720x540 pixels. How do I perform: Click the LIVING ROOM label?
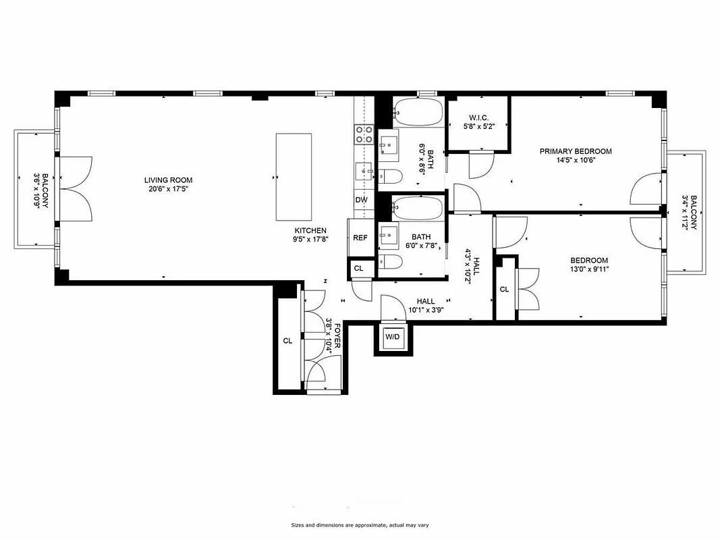point(168,180)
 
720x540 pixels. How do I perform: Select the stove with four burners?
point(364,134)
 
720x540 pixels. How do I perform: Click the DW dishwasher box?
point(361,200)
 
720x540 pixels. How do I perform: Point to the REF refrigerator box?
point(360,238)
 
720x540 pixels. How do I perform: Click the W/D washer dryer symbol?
point(392,337)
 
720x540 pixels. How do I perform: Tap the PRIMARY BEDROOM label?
point(575,151)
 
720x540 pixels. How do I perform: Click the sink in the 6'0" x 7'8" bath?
point(389,237)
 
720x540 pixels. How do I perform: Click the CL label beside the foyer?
point(287,341)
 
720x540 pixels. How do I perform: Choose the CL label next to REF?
point(358,269)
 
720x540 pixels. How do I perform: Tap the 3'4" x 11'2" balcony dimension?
point(688,213)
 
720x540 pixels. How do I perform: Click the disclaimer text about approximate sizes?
point(359,525)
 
